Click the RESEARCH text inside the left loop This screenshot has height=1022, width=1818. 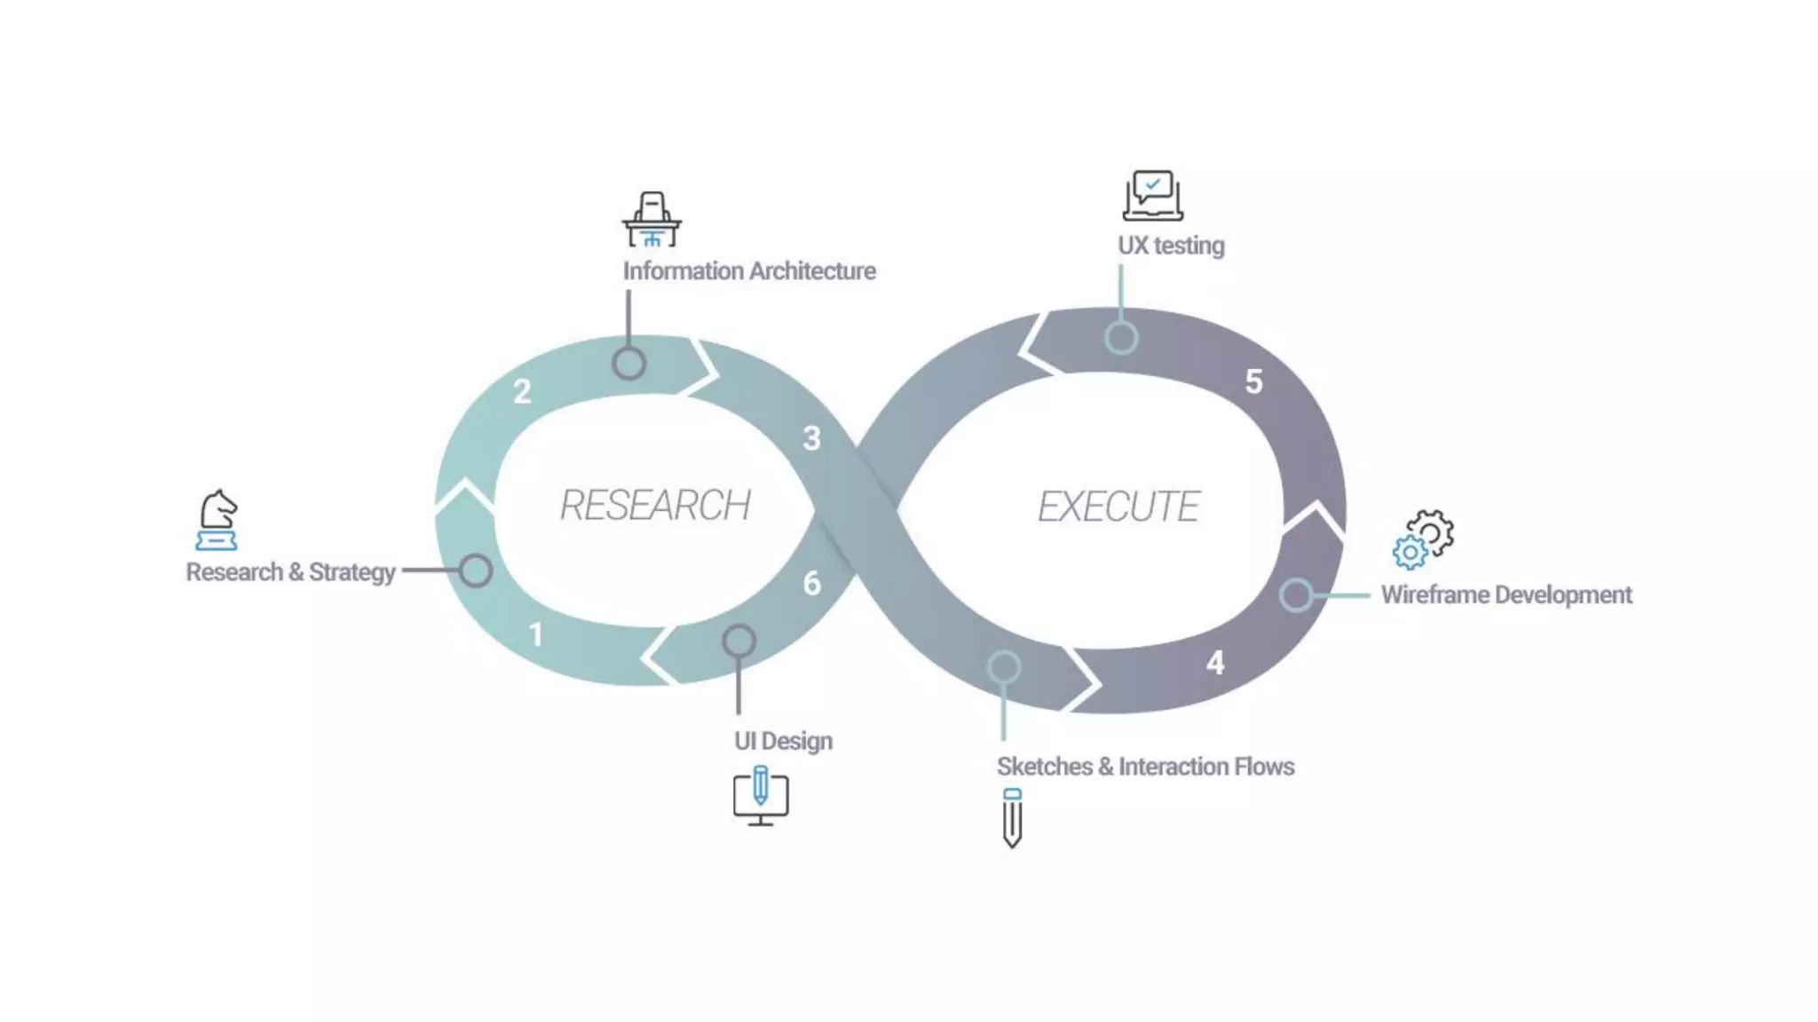(655, 505)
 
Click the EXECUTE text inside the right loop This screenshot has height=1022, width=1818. (1118, 507)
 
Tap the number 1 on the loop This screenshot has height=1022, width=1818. (535, 634)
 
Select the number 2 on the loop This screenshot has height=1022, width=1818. (522, 391)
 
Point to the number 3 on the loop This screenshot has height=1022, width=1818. (811, 438)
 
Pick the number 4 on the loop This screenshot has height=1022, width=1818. (1215, 663)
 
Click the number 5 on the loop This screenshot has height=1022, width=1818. (1253, 381)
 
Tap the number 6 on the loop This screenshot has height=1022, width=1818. (811, 583)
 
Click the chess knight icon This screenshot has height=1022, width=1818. (217, 520)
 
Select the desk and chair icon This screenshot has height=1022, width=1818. (652, 219)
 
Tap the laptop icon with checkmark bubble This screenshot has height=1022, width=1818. (1152, 195)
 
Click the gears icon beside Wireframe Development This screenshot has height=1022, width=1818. (1423, 539)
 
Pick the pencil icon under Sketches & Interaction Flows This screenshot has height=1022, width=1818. (1012, 817)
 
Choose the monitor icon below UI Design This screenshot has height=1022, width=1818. (761, 796)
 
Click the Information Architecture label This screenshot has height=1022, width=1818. (748, 271)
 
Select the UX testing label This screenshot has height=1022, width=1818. (1170, 246)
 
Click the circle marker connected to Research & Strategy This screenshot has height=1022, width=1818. (476, 570)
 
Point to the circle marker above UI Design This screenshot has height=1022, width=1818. (739, 641)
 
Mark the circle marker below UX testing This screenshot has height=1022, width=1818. (1121, 338)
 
